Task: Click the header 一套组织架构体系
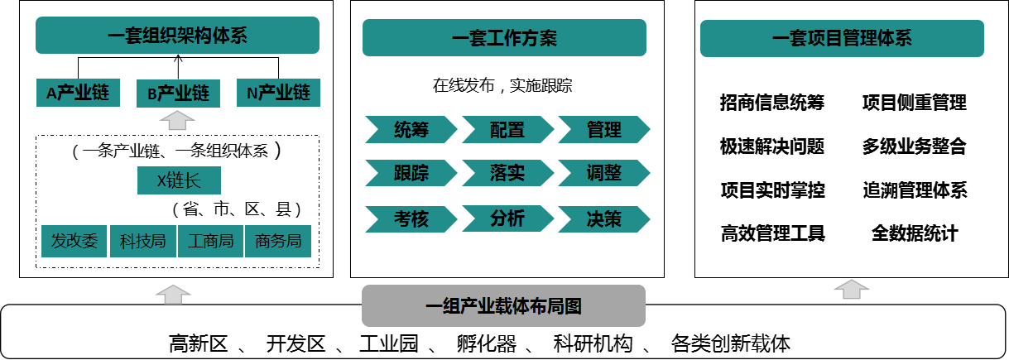point(177,36)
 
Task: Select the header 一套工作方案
point(504,38)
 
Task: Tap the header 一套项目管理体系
point(842,38)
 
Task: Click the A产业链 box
point(78,93)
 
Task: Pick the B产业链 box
point(178,94)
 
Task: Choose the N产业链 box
point(278,93)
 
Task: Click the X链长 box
point(179,180)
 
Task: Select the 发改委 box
point(74,241)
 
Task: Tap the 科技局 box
point(143,241)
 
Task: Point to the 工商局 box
point(210,241)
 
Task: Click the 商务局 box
point(278,241)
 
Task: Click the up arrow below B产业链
point(177,121)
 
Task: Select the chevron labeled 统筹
point(411,130)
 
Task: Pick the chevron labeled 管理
point(603,130)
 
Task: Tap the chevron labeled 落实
point(507,173)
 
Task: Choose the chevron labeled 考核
point(411,219)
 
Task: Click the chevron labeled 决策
point(603,219)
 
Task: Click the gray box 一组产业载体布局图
point(503,306)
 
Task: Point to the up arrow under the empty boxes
point(851,289)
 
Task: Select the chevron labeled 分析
point(507,218)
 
